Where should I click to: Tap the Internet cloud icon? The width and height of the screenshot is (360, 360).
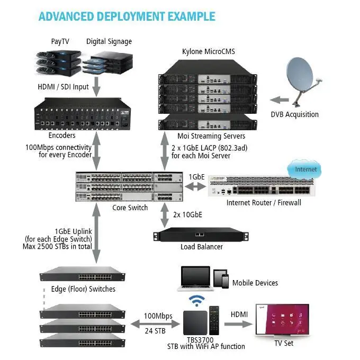pos(305,170)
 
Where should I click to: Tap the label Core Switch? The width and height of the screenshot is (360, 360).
pos(130,208)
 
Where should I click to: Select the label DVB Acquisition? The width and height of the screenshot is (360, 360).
pos(294,114)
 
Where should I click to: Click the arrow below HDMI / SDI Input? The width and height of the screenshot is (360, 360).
pos(96,84)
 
